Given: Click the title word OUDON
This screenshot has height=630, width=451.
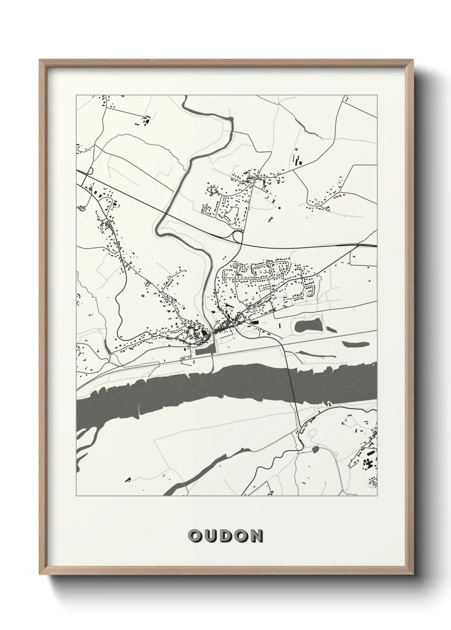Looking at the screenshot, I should (225, 536).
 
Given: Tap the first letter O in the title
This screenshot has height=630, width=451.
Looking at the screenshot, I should (195, 536).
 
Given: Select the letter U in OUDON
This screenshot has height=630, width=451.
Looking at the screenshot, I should (210, 536).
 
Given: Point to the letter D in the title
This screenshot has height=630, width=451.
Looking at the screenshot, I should (225, 536).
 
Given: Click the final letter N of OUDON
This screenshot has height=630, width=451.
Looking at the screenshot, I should (256, 536).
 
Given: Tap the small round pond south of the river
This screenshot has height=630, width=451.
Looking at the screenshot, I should (315, 449).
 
